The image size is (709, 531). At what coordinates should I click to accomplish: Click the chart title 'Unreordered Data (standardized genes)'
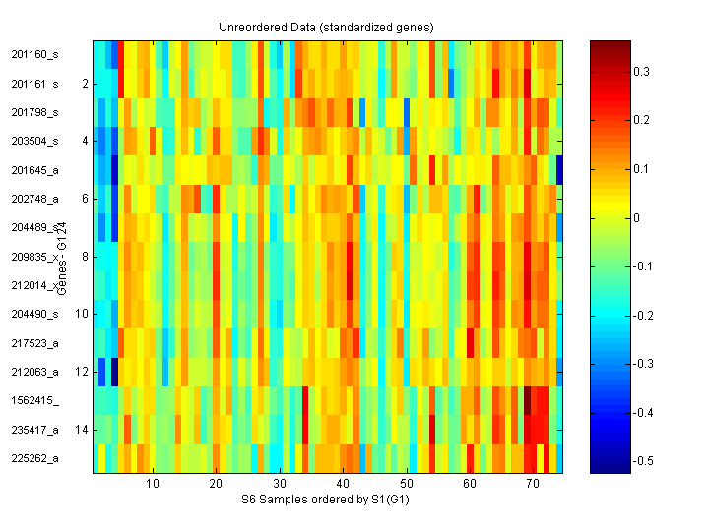(x=326, y=27)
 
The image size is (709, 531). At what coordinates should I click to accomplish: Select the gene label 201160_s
(x=34, y=55)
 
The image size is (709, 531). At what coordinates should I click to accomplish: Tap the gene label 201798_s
(x=34, y=112)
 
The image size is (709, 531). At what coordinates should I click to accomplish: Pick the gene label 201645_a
(x=34, y=170)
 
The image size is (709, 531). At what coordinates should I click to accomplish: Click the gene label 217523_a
(x=34, y=343)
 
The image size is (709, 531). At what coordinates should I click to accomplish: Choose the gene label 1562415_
(x=34, y=401)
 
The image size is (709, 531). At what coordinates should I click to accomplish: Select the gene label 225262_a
(x=34, y=458)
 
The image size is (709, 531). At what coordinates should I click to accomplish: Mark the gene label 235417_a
(x=34, y=430)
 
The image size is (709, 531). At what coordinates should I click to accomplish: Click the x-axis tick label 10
(x=153, y=485)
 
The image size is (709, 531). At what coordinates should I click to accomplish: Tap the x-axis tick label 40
(x=344, y=485)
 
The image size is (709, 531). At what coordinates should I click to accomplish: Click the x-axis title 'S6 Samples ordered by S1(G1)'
(x=326, y=501)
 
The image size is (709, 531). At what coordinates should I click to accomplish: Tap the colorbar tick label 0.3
(x=641, y=72)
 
